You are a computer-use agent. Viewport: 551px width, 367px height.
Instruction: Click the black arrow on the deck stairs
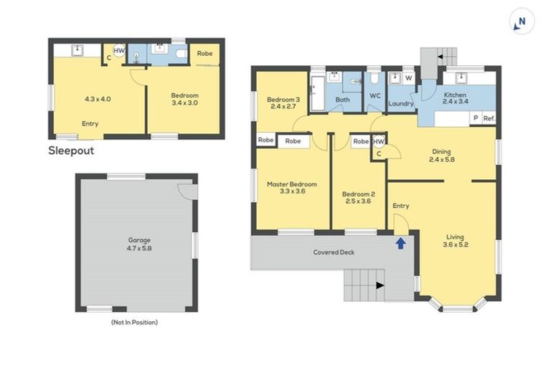pyautogui.click(x=380, y=286)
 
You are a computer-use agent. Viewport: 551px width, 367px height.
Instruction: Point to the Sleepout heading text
pyautogui.click(x=71, y=151)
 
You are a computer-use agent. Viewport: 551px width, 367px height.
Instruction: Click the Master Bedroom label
pyautogui.click(x=292, y=189)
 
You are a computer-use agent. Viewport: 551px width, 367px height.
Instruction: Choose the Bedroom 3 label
pyautogui.click(x=283, y=103)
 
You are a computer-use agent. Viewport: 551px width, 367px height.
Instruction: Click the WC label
pyautogui.click(x=375, y=95)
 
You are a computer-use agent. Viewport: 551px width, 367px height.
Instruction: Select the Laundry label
pyautogui.click(x=401, y=104)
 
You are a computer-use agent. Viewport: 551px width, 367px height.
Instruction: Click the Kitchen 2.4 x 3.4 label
pyautogui.click(x=456, y=99)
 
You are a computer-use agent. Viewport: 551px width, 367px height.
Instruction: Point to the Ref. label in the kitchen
pyautogui.click(x=489, y=118)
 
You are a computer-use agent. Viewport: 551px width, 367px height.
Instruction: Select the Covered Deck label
pyautogui.click(x=334, y=252)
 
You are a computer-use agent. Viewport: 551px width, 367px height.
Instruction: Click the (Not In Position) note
pyautogui.click(x=134, y=323)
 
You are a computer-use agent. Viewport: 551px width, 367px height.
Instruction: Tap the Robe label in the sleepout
pyautogui.click(x=204, y=53)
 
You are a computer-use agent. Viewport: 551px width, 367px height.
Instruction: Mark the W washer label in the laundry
pyautogui.click(x=408, y=77)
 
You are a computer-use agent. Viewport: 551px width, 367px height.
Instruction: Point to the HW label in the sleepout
pyautogui.click(x=118, y=52)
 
